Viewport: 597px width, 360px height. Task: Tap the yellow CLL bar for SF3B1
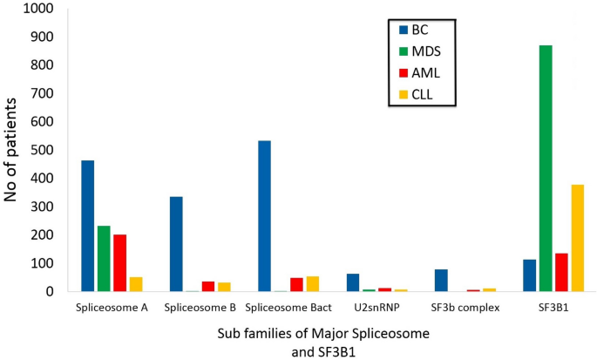[x=577, y=238]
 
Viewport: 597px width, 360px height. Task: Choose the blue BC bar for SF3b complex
[x=441, y=280]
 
